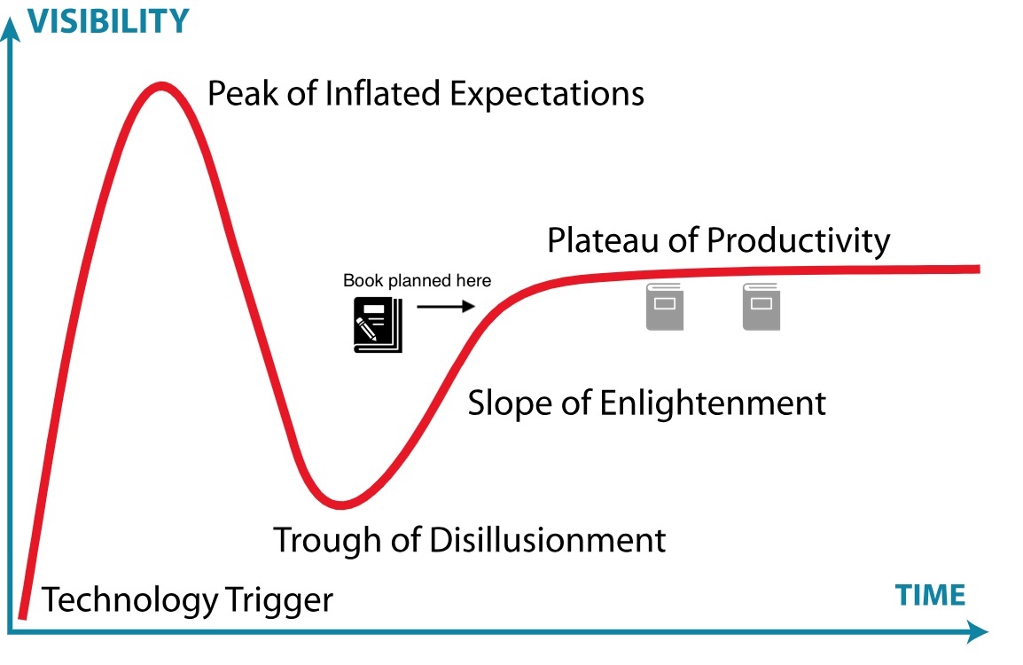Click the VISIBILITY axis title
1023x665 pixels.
[x=108, y=21]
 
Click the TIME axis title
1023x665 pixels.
[x=930, y=595]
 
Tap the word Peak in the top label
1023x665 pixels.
[x=243, y=93]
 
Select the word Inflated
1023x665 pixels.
[x=383, y=93]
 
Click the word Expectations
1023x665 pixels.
[x=547, y=94]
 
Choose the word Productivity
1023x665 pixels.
[x=799, y=241]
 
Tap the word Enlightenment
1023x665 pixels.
[x=713, y=403]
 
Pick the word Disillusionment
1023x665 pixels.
[x=547, y=540]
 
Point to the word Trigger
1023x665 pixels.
[x=279, y=599]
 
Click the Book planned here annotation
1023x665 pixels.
[x=417, y=280]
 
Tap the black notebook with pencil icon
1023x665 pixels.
[x=378, y=325]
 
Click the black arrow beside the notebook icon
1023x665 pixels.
[x=446, y=306]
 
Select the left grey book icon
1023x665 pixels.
[x=665, y=307]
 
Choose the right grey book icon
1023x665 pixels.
[x=761, y=307]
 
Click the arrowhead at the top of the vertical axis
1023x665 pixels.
[x=11, y=28]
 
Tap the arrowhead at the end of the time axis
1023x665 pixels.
[x=977, y=631]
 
